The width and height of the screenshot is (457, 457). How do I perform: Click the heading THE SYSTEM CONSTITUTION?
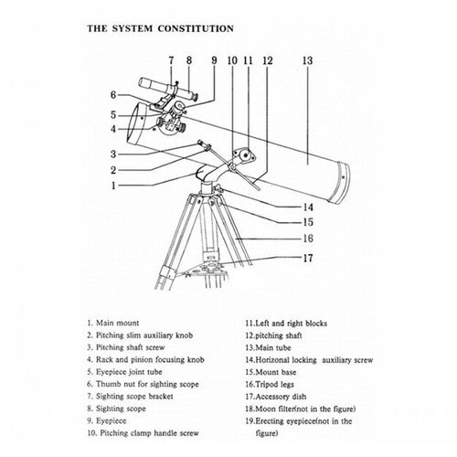[160, 28]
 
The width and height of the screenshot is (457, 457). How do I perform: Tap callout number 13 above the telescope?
[307, 60]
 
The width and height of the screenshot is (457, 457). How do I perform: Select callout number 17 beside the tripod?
[308, 258]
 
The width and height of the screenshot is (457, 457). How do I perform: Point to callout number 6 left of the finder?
[113, 95]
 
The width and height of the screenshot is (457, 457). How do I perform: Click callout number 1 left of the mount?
[113, 186]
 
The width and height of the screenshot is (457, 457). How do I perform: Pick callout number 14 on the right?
[308, 207]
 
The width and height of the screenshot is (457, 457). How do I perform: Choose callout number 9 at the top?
[214, 60]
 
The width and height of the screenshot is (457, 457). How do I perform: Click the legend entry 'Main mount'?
[113, 323]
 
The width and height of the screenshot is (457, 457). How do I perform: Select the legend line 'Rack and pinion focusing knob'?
[145, 359]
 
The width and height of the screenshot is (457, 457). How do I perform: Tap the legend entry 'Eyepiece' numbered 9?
[107, 420]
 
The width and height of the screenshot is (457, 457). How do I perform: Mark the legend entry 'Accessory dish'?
[276, 397]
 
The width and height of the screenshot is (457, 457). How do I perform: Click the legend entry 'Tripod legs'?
[270, 384]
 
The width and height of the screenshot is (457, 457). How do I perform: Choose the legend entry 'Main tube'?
[268, 347]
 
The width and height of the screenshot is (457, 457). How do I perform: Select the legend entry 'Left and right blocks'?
[286, 324]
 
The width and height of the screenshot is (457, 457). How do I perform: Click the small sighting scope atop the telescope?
[168, 89]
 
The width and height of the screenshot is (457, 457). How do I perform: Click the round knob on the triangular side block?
[245, 155]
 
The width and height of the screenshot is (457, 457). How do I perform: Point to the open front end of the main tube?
[135, 124]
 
